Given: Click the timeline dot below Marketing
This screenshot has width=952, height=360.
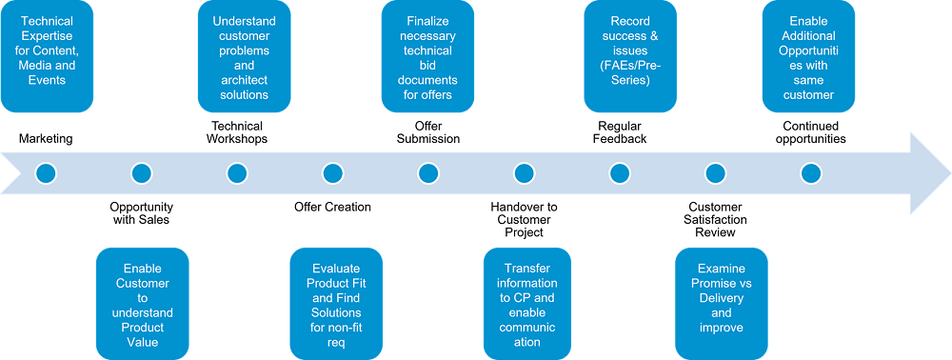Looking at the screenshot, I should (46, 173).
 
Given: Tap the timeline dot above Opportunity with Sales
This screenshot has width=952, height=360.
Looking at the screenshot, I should (142, 173).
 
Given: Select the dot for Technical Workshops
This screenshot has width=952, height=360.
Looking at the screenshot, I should (237, 173).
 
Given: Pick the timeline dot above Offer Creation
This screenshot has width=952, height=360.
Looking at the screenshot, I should (332, 173).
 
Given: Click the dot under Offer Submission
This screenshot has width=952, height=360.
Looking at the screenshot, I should (428, 173).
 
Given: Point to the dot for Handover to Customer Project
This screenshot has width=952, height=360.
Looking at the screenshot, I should (524, 173).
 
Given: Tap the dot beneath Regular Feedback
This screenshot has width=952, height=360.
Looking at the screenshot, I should (620, 173).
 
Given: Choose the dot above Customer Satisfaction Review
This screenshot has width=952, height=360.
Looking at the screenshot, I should (716, 173).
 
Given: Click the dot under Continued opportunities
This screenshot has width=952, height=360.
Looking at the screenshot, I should (811, 173).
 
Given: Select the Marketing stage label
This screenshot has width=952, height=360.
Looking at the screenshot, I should (46, 139).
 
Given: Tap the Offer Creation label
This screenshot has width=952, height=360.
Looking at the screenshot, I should (332, 207).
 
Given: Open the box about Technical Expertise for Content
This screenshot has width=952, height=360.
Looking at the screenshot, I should (47, 56).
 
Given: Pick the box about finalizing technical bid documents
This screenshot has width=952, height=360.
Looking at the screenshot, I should (428, 56).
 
